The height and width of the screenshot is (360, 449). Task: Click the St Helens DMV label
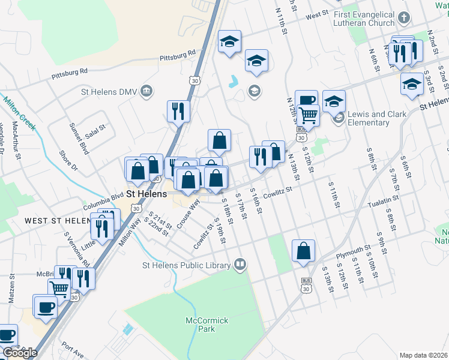pyautogui.click(x=109, y=92)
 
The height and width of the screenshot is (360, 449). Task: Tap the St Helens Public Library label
pyautogui.click(x=186, y=265)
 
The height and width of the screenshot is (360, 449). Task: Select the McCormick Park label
pyautogui.click(x=207, y=325)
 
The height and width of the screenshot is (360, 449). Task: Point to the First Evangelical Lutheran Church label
pyautogui.click(x=365, y=19)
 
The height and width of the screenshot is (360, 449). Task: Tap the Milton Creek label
pyautogui.click(x=19, y=113)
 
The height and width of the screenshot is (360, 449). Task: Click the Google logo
pyautogui.click(x=20, y=353)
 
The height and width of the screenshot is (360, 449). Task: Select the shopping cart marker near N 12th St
pyautogui.click(x=308, y=115)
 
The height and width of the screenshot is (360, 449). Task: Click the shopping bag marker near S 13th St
pyautogui.click(x=304, y=251)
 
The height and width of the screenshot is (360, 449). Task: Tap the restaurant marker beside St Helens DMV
pyautogui.click(x=178, y=110)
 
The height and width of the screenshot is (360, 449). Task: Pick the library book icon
pyautogui.click(x=240, y=264)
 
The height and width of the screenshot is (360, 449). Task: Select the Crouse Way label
pyautogui.click(x=189, y=212)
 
